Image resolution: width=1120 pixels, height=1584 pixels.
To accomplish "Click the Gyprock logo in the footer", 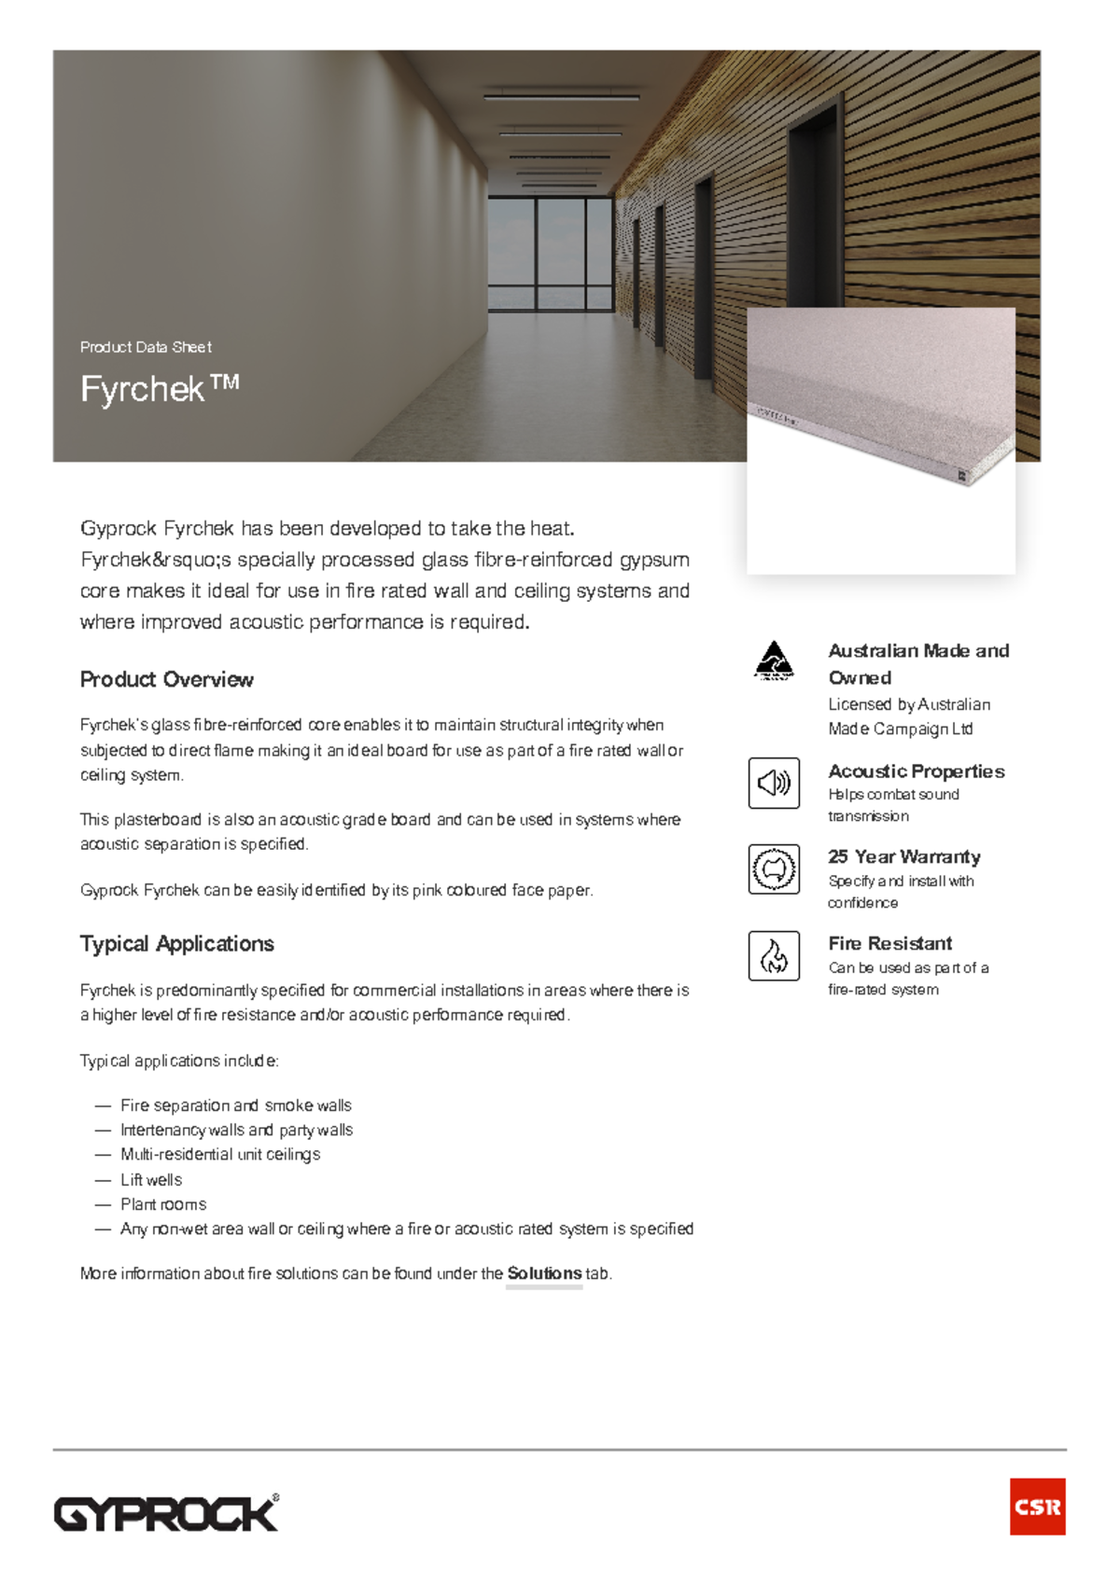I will [166, 1513].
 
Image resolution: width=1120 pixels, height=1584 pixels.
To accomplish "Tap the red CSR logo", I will [1037, 1506].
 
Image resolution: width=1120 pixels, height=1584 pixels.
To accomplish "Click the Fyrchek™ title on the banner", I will [160, 389].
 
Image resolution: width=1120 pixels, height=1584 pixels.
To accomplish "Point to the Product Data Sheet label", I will [146, 347].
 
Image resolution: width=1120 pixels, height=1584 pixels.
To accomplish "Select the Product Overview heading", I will [166, 679].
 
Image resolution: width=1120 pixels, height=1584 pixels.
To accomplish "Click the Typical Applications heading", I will [176, 943].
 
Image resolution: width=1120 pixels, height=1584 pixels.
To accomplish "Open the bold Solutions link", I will [544, 1273].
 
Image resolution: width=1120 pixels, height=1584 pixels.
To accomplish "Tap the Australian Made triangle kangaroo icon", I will [774, 660].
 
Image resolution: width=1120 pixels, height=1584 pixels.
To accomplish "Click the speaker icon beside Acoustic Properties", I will [774, 783].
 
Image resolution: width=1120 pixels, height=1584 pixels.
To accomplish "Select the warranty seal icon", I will [774, 869].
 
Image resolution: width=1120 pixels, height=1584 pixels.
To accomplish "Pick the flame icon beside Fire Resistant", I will [774, 956].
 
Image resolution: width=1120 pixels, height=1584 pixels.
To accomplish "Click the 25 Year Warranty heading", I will [903, 856].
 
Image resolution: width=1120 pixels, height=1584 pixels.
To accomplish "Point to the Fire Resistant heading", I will [889, 943].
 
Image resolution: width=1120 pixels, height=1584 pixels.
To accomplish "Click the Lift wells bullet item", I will [151, 1180].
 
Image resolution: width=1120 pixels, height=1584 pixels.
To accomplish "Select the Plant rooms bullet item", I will [163, 1204].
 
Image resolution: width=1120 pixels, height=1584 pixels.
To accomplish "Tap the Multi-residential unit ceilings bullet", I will [220, 1155].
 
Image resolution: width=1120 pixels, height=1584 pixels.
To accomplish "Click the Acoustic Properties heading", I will [916, 771].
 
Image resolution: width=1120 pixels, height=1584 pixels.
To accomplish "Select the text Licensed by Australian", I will [909, 704].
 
